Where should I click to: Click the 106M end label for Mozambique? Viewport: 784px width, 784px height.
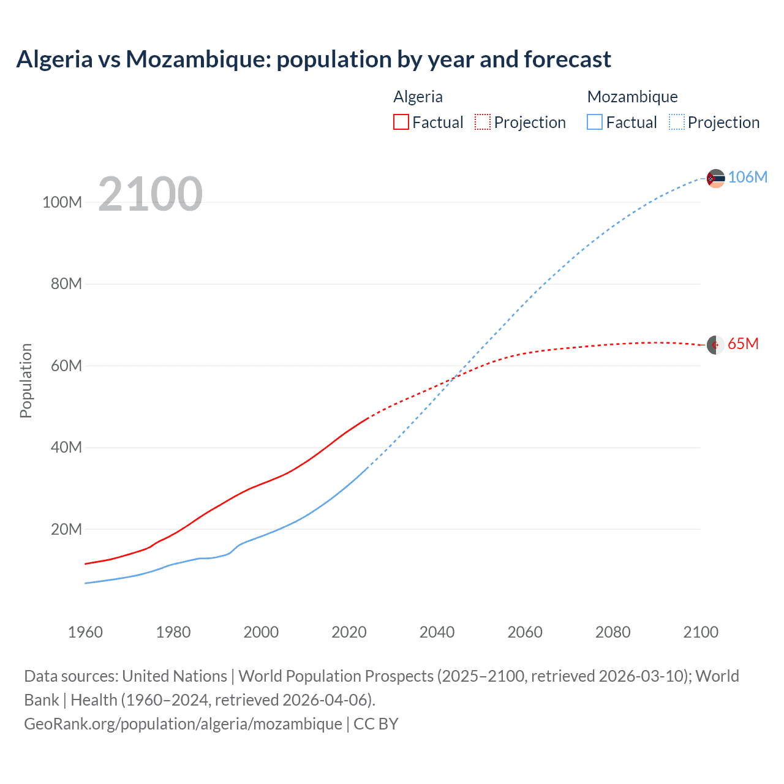(747, 177)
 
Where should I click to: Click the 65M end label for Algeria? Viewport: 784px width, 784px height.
(743, 344)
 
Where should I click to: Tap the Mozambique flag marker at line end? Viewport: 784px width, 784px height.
(715, 178)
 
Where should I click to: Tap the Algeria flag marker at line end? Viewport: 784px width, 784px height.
(715, 345)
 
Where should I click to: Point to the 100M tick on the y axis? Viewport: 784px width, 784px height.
(62, 203)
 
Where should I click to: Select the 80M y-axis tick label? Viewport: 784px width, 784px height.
(66, 284)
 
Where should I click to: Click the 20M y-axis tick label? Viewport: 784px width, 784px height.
(66, 529)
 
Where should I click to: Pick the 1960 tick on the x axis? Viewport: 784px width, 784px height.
(85, 632)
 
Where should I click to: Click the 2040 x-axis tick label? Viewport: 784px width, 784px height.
(437, 632)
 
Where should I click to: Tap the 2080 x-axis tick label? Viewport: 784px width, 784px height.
(612, 632)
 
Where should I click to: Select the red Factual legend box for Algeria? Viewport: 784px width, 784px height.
(401, 123)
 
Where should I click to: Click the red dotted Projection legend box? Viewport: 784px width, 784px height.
(483, 123)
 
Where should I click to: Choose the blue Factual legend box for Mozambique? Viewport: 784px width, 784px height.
(595, 123)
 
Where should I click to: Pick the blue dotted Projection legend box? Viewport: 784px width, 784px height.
(677, 123)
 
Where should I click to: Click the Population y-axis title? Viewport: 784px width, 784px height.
(26, 380)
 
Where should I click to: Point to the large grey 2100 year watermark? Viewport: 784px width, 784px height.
(150, 194)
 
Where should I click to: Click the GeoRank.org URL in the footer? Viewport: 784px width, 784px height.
(183, 724)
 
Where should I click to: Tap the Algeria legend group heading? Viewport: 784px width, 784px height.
(418, 97)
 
